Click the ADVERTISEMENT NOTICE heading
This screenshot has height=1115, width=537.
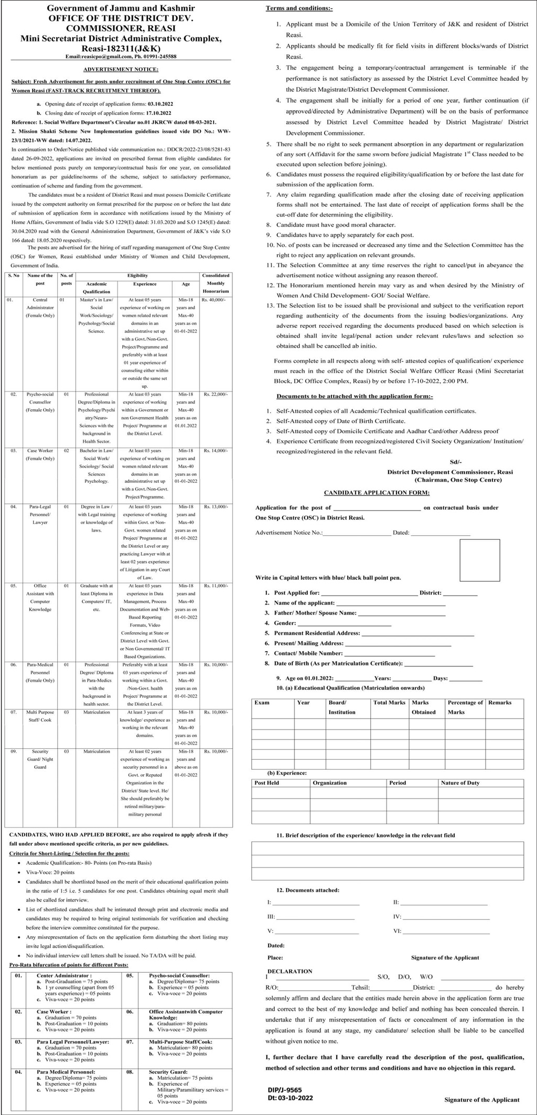point(121,69)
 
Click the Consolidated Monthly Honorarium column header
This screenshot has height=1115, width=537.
point(216,283)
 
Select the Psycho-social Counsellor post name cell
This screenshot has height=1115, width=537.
point(40,402)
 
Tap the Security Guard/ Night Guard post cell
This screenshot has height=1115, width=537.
point(40,759)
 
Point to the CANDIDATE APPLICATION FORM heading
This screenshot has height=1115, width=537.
point(377,493)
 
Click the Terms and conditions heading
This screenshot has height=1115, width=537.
point(299,8)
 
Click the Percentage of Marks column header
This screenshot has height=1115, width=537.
point(465,707)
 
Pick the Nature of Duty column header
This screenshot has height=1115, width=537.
point(460,783)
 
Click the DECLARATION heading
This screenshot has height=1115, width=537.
point(289,971)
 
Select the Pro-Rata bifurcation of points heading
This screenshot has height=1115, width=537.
point(69,965)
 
